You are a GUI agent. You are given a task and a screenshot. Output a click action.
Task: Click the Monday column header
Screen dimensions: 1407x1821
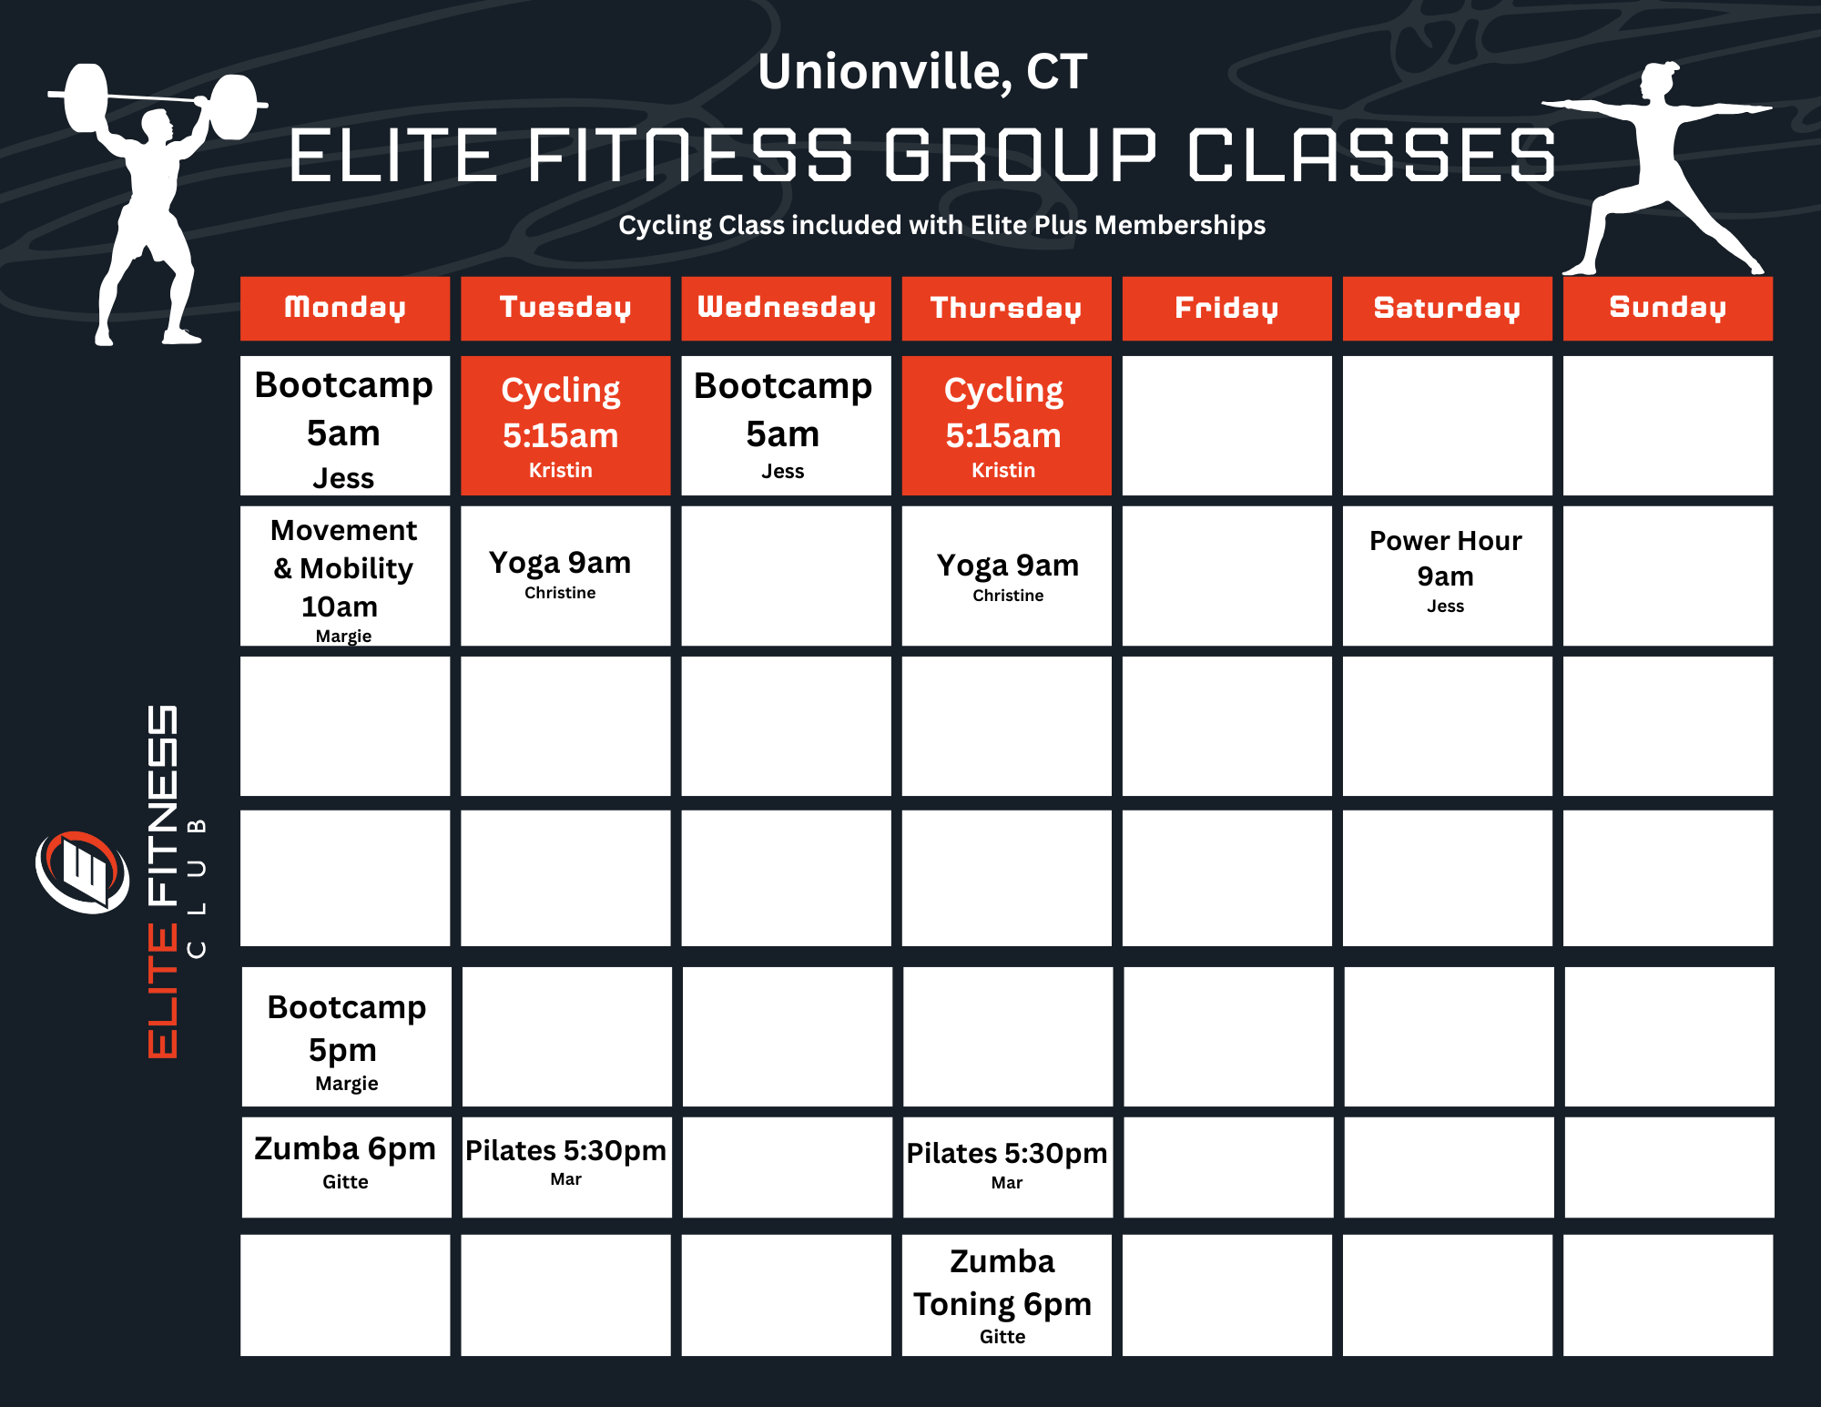[345, 308]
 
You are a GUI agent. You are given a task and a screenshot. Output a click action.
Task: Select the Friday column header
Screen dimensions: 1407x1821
[1226, 308]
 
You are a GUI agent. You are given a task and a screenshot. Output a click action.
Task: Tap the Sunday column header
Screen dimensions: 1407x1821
[1667, 308]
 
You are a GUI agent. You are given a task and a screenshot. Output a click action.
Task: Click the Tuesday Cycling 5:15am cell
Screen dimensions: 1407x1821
[565, 425]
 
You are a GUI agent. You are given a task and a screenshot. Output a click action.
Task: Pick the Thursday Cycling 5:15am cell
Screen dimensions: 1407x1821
[1005, 425]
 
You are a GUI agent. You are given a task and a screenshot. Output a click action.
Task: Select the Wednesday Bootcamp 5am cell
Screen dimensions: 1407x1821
[785, 425]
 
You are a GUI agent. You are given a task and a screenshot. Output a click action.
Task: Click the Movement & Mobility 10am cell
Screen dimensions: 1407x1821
[345, 576]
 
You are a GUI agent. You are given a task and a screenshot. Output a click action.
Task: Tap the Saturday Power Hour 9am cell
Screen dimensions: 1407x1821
[1446, 576]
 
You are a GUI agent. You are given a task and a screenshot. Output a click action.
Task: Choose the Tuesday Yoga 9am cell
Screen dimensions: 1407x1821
[565, 576]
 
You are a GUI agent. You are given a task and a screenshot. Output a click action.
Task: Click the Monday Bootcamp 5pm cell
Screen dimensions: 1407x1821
[346, 1036]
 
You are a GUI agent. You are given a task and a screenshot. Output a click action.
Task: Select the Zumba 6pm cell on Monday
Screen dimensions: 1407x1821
[346, 1167]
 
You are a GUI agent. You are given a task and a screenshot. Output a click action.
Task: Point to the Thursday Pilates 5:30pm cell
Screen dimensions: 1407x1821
[1007, 1167]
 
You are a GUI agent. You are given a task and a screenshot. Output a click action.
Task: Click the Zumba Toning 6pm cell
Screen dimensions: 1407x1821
[1005, 1294]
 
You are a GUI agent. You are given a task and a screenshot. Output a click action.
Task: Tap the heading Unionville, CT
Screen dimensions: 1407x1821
[922, 71]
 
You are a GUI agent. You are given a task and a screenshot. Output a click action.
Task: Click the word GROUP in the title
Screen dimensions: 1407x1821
[1020, 155]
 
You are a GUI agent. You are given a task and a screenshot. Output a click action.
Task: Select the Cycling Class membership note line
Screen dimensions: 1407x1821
[941, 225]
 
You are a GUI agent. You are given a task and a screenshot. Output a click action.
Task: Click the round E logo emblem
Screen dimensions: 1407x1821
[82, 872]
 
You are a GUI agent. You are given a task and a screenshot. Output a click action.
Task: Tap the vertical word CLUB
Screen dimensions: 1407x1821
[196, 888]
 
